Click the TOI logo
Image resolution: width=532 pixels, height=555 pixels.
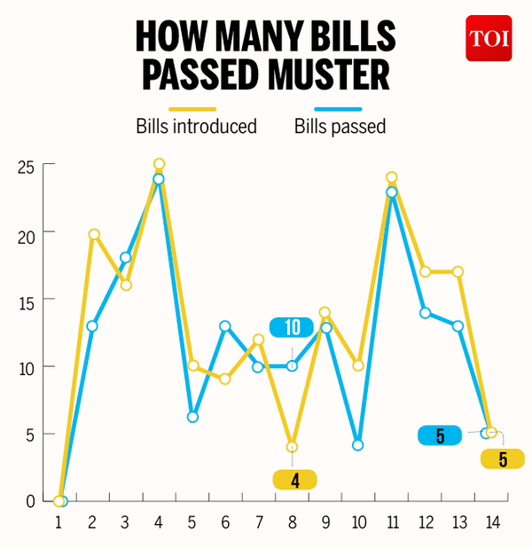tap(489, 39)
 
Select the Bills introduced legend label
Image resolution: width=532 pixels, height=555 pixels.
tap(196, 127)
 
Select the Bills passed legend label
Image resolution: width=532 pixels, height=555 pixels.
tap(340, 127)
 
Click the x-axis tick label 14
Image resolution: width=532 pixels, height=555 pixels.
tap(491, 523)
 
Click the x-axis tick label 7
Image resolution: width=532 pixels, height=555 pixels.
tap(259, 523)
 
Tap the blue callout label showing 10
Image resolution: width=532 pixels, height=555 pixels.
tap(293, 328)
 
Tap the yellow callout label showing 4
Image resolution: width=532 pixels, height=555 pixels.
tap(293, 480)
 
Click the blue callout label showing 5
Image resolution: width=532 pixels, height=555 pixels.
tap(441, 435)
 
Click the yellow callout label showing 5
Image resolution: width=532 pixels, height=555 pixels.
tap(503, 459)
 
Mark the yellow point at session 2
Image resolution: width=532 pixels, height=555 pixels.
tap(93, 234)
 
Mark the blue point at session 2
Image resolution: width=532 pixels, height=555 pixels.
tap(92, 326)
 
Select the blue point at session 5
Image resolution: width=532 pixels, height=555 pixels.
tap(192, 417)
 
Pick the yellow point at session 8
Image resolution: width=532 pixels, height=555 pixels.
tap(292, 447)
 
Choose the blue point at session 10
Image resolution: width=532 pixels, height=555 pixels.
tap(358, 445)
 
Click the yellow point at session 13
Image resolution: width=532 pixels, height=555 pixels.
tap(458, 271)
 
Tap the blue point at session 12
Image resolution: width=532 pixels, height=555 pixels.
tap(425, 312)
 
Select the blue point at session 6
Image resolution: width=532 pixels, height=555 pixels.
tap(225, 326)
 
